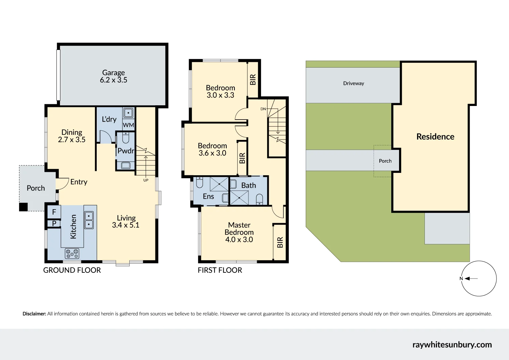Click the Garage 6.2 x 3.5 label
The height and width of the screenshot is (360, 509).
coord(113,76)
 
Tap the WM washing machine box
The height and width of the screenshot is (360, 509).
coord(128,125)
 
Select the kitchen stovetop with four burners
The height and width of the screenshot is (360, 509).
coord(72,253)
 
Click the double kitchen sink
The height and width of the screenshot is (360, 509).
coord(89,220)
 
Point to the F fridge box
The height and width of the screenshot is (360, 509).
coord(54,212)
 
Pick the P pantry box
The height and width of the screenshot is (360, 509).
coord(54,223)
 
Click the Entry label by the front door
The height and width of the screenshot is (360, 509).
coord(79,182)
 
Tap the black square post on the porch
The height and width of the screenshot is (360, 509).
coord(23,207)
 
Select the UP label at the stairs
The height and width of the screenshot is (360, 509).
coord(146,180)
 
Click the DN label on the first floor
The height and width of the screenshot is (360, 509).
coord(263,109)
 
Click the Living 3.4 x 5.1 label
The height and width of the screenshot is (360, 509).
coord(126,221)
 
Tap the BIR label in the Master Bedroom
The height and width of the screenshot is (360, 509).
coord(280,242)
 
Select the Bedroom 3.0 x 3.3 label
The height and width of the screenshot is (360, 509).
coord(220,91)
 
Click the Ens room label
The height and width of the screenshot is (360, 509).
coord(208,196)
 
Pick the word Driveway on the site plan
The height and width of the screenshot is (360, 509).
coord(353,84)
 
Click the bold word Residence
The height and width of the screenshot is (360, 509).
coord(435,137)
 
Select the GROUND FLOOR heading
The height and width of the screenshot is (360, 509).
coord(72,270)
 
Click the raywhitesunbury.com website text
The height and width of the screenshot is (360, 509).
coord(452,345)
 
